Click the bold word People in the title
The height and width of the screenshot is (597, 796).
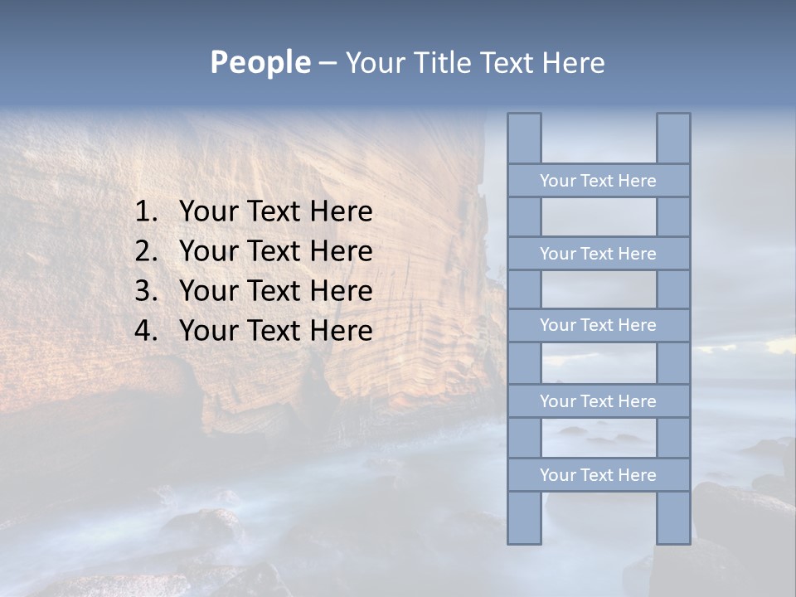[259, 63]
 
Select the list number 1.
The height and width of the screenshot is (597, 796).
[145, 212]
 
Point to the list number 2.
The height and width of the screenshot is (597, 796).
[145, 251]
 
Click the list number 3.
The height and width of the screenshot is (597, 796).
[145, 291]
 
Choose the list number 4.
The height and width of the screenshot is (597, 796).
[145, 331]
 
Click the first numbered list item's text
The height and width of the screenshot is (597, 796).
[275, 212]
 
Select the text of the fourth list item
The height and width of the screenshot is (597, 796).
[275, 331]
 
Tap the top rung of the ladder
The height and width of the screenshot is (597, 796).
[598, 181]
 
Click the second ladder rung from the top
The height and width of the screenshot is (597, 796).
[598, 254]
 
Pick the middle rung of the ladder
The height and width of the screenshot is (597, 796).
[598, 325]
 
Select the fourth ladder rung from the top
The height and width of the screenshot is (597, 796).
[598, 401]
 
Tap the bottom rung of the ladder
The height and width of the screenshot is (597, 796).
[598, 475]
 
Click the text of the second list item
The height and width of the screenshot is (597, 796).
[275, 251]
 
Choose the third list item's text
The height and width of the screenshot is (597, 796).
[275, 291]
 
